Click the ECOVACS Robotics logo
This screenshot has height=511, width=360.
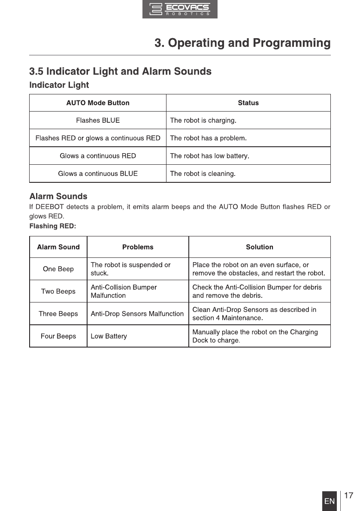180,9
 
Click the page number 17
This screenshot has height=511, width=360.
349,496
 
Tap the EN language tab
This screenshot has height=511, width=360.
330,501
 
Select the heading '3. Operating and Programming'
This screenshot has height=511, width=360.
242,43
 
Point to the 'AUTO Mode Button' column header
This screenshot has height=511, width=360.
98,103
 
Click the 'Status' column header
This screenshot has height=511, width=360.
248,103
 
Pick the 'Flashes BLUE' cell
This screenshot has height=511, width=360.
98,121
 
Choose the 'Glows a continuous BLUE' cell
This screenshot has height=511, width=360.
98,174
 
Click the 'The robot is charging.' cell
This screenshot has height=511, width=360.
203,121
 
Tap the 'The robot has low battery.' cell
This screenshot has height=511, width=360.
210,156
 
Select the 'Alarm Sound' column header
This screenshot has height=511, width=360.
58,247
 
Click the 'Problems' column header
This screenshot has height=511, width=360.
138,247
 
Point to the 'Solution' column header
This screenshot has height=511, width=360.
260,247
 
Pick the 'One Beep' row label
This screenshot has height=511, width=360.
58,269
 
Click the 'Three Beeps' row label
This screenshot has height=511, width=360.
58,314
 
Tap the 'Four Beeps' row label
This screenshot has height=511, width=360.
58,336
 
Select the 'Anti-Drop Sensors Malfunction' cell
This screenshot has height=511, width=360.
137,314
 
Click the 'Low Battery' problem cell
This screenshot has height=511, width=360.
109,336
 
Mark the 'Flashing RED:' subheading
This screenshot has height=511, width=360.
52,226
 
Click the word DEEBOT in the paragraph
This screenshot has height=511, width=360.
54,207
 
